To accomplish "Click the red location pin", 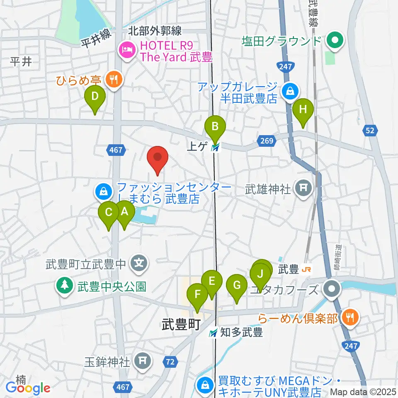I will click(158, 160).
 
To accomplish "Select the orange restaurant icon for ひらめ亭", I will click(112, 78).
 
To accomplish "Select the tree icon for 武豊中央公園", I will click(65, 286).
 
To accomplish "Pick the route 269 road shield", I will click(267, 141).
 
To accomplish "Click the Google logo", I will click(28, 388).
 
